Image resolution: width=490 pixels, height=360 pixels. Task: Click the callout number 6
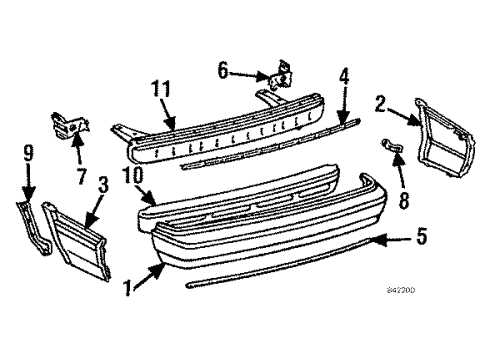pos(223,71)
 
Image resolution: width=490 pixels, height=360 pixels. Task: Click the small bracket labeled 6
pos(281,76)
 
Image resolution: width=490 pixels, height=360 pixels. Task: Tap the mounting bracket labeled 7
pos(69,126)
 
